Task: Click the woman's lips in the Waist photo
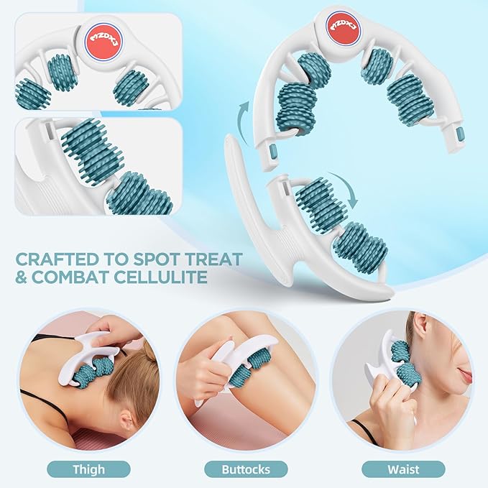click(466, 377)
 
